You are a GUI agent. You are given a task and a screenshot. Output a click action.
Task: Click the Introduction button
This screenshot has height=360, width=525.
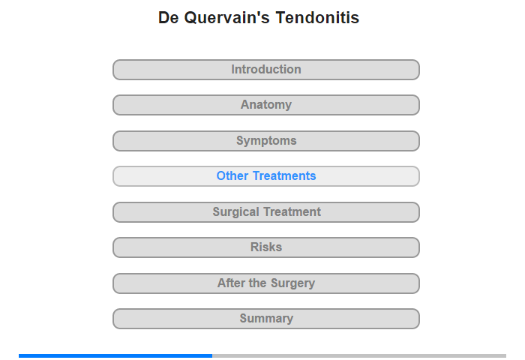tap(265, 70)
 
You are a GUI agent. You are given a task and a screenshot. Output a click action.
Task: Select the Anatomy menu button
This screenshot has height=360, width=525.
tap(265, 105)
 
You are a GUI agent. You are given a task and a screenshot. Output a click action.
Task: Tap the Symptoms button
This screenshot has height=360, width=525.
tap(265, 141)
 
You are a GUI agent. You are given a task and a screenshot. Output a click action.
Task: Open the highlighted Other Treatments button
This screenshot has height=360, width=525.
tap(265, 176)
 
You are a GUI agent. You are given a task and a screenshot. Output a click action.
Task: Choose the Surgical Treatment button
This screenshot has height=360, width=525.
tap(265, 212)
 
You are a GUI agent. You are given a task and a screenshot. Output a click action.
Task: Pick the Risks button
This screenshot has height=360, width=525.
tap(265, 247)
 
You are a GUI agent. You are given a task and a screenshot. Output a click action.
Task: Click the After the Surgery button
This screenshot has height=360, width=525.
tap(265, 283)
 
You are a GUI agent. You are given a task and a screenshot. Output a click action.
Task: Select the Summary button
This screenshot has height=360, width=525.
tap(265, 319)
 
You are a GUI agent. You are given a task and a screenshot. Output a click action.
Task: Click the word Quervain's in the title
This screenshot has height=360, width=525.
tap(226, 18)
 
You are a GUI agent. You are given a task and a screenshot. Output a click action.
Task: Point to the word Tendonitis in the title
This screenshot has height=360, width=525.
tap(317, 17)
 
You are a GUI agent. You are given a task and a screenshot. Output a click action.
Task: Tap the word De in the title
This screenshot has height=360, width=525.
tap(169, 17)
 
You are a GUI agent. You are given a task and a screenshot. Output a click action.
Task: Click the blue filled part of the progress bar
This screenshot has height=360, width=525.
tap(115, 355)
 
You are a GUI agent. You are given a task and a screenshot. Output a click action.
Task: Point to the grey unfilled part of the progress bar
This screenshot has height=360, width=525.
tap(359, 355)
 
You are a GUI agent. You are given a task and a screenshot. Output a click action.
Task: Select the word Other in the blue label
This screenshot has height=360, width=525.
tap(232, 175)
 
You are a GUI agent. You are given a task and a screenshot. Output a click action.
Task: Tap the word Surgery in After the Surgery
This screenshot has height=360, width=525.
tap(292, 283)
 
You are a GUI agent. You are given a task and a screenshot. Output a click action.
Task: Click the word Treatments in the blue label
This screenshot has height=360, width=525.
tap(284, 175)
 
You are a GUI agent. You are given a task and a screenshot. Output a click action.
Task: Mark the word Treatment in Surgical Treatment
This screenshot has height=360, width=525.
tap(292, 211)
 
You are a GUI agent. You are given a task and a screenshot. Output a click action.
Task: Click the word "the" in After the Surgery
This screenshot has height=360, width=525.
tap(257, 283)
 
